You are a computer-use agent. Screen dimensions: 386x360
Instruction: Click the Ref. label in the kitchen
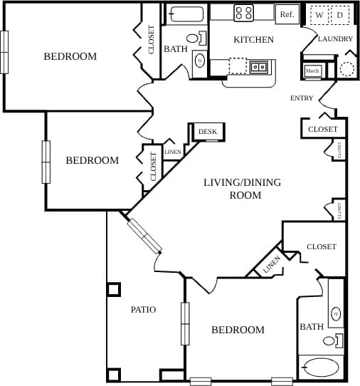pos(287,14)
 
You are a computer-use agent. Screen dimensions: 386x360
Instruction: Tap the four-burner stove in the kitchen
pos(244,12)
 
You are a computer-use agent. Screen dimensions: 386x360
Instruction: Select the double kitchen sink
pos(258,67)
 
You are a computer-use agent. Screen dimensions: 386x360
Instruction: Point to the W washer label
pos(319,14)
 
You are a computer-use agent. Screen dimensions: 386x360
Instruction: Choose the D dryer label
pos(339,14)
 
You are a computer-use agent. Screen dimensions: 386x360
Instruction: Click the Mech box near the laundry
pos(312,71)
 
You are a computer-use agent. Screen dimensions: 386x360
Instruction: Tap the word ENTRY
pos(302,98)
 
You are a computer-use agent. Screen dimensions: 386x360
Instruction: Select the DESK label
pos(207,132)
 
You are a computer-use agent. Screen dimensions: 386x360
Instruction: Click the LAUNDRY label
pos(335,39)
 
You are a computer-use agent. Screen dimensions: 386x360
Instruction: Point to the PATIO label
pos(143,310)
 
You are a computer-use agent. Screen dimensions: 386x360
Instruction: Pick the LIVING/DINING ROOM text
pos(242,188)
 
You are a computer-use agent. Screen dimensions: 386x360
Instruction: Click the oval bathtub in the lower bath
pos(320,367)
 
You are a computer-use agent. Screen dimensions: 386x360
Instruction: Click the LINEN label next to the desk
pos(172,152)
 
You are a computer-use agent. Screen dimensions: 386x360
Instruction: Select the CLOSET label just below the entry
pos(322,129)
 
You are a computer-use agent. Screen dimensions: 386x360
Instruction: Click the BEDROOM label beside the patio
pos(238,330)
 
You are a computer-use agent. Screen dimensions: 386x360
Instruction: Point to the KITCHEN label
pos(253,40)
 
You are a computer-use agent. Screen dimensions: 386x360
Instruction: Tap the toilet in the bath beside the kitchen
pos(192,38)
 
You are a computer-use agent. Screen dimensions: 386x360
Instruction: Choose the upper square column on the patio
pos(114,289)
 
